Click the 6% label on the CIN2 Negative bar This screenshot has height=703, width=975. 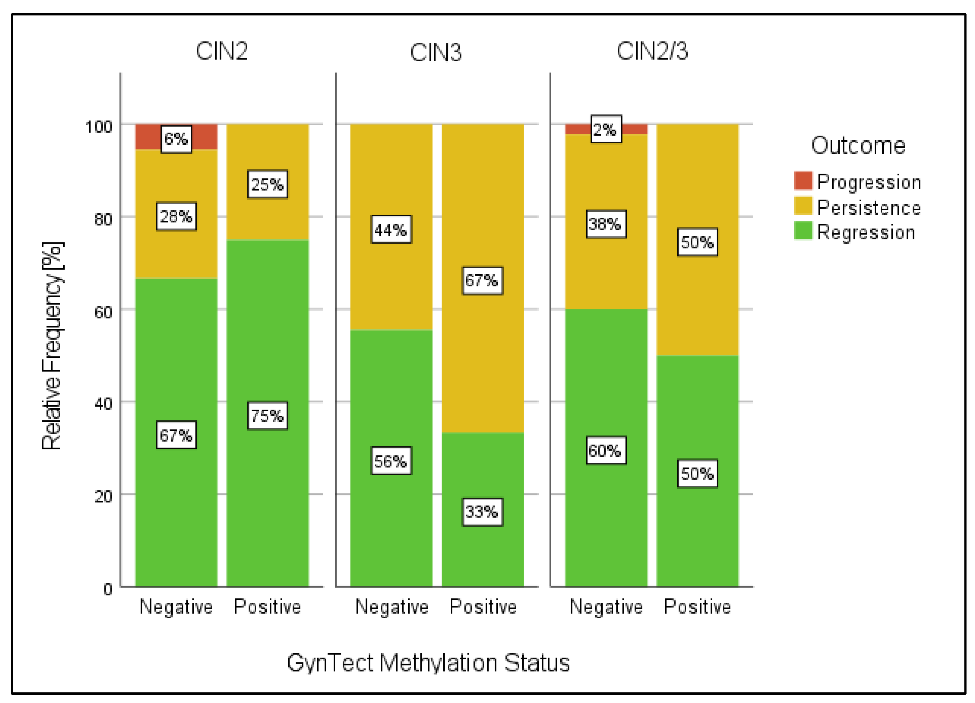[x=176, y=139]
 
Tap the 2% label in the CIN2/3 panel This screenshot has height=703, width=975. [x=606, y=129]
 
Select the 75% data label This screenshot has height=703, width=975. [x=267, y=416]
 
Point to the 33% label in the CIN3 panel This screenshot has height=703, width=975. [x=482, y=512]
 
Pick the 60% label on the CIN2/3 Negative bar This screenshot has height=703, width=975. [x=606, y=451]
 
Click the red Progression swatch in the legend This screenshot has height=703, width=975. [x=803, y=181]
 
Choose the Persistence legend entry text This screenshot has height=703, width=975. [x=869, y=208]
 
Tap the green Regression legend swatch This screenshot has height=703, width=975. [x=803, y=231]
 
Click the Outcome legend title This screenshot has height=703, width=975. [x=858, y=145]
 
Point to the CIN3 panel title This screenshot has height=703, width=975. [x=436, y=52]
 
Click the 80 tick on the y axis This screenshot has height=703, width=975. [x=103, y=219]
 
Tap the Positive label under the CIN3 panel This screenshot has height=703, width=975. [x=483, y=607]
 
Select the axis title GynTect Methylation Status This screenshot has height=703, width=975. [x=428, y=663]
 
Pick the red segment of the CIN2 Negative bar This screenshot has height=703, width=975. [x=146, y=137]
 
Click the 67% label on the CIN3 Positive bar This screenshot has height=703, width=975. [x=482, y=280]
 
